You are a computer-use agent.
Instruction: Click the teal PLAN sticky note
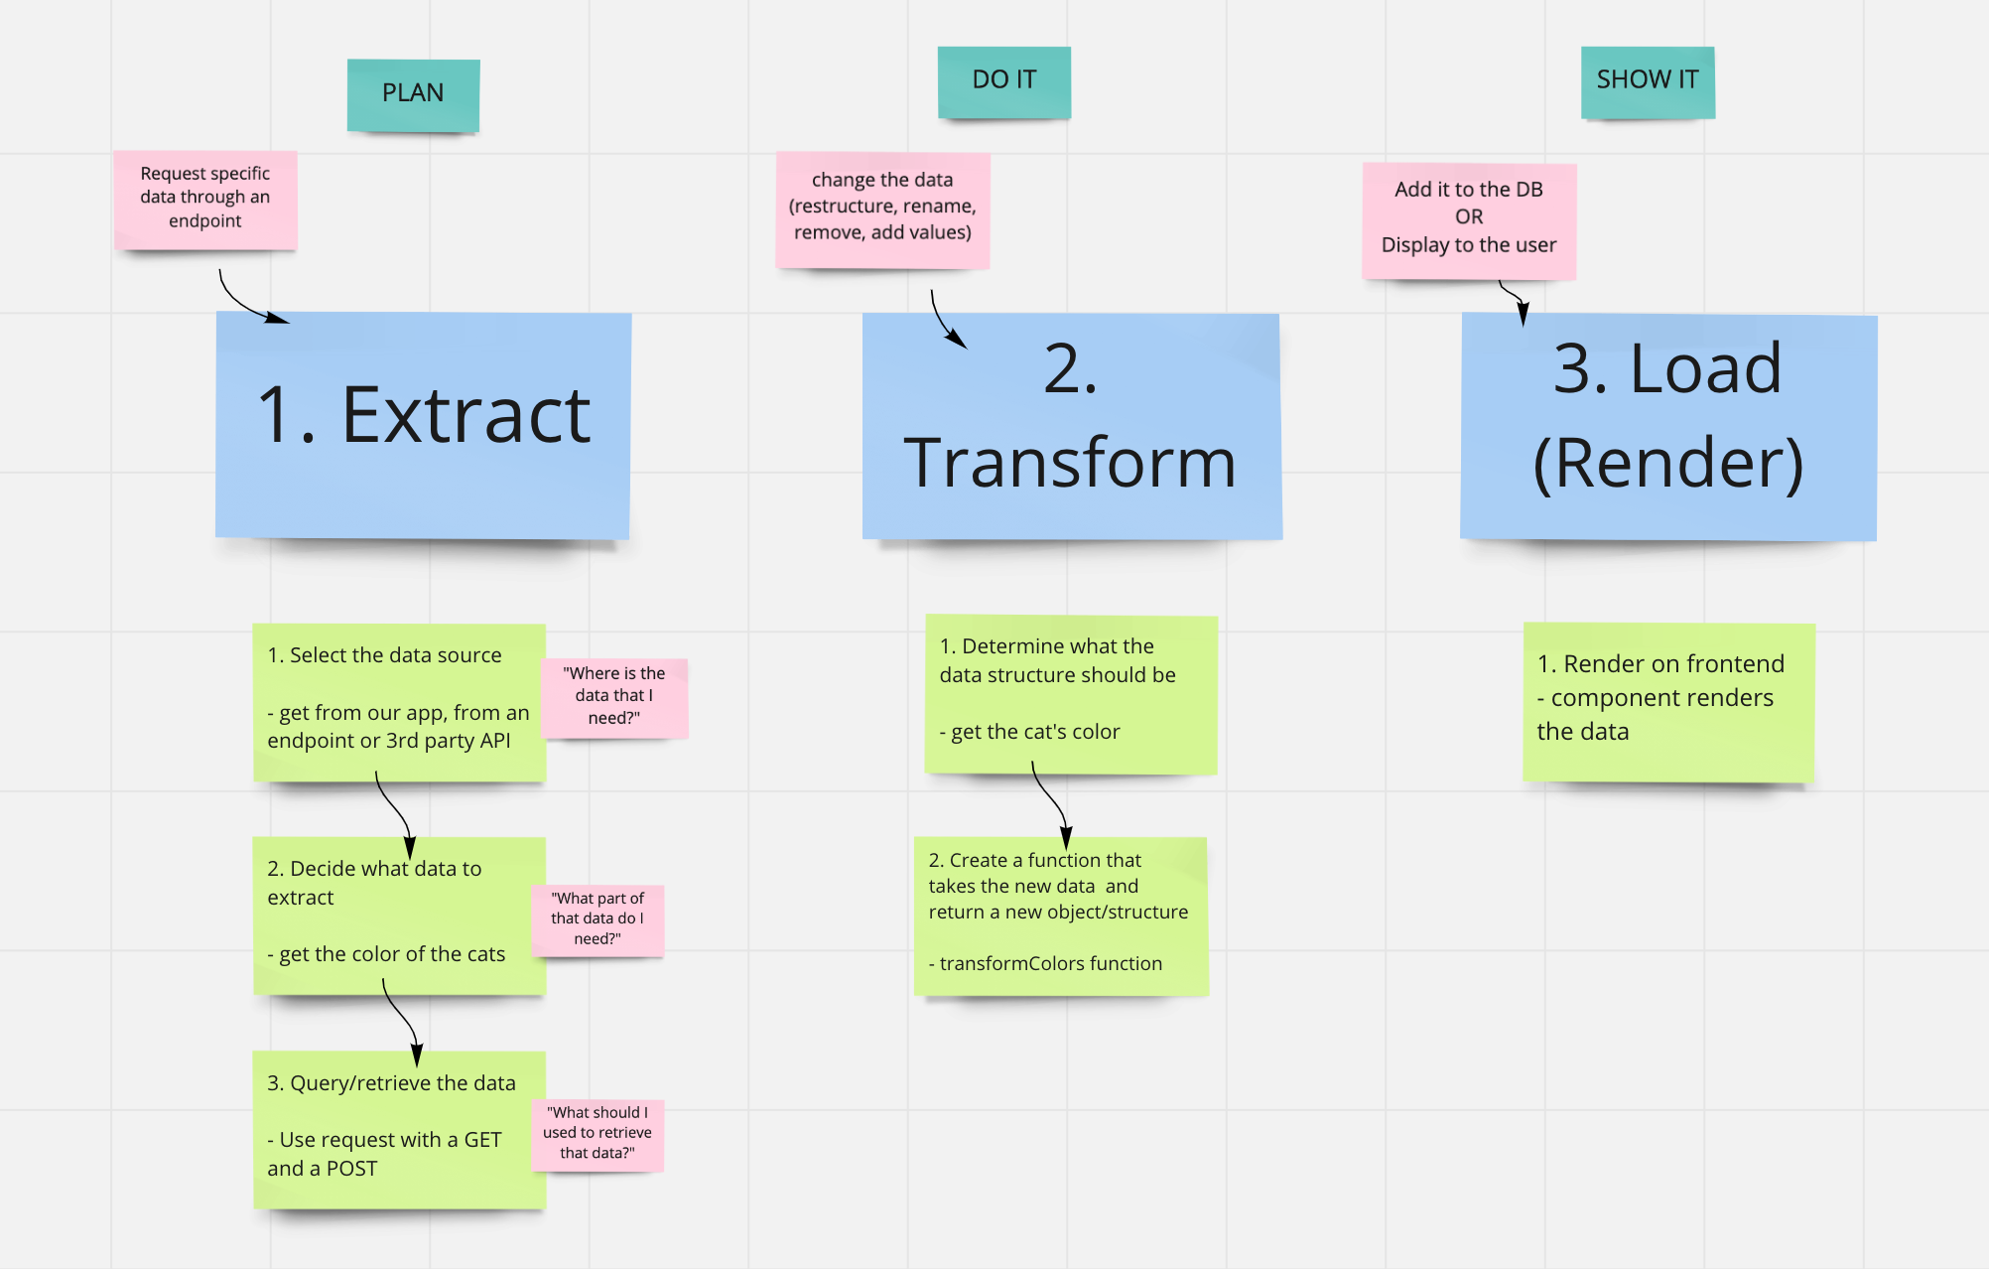click(413, 94)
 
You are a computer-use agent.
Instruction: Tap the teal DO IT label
click(1003, 81)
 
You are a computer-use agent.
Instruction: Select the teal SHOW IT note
click(1648, 81)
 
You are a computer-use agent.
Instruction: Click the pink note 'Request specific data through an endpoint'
click(205, 198)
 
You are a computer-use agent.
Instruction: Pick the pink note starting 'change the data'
click(882, 208)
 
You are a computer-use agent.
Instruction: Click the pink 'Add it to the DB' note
click(1469, 218)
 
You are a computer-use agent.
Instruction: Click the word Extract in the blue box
click(465, 416)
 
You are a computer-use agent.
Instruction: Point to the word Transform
click(1070, 463)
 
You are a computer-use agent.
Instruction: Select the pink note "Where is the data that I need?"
click(614, 696)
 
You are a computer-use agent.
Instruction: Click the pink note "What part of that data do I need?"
click(597, 918)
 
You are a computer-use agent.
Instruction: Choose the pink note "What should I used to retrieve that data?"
click(597, 1133)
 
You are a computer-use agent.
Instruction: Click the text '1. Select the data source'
click(384, 655)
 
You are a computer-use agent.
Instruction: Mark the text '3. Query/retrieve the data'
click(391, 1083)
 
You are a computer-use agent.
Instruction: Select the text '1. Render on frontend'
click(1660, 663)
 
